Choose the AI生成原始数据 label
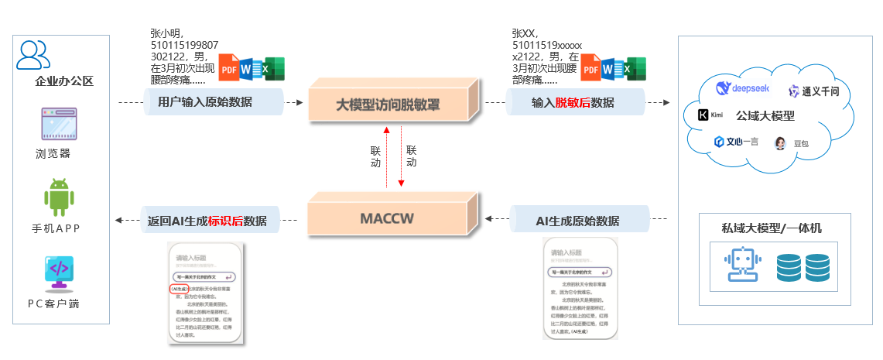pyautogui.click(x=577, y=221)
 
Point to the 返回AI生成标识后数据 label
pyautogui.click(x=212, y=221)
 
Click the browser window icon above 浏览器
pyautogui.click(x=59, y=125)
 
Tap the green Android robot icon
pyautogui.click(x=59, y=197)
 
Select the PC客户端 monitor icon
pyautogui.click(x=59, y=273)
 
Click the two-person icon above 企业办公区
pyautogui.click(x=33, y=54)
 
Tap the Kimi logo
pyautogui.click(x=710, y=115)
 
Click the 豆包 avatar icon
pyautogui.click(x=780, y=143)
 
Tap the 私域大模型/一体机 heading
pyautogui.click(x=765, y=228)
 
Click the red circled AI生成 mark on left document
pyautogui.click(x=178, y=289)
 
